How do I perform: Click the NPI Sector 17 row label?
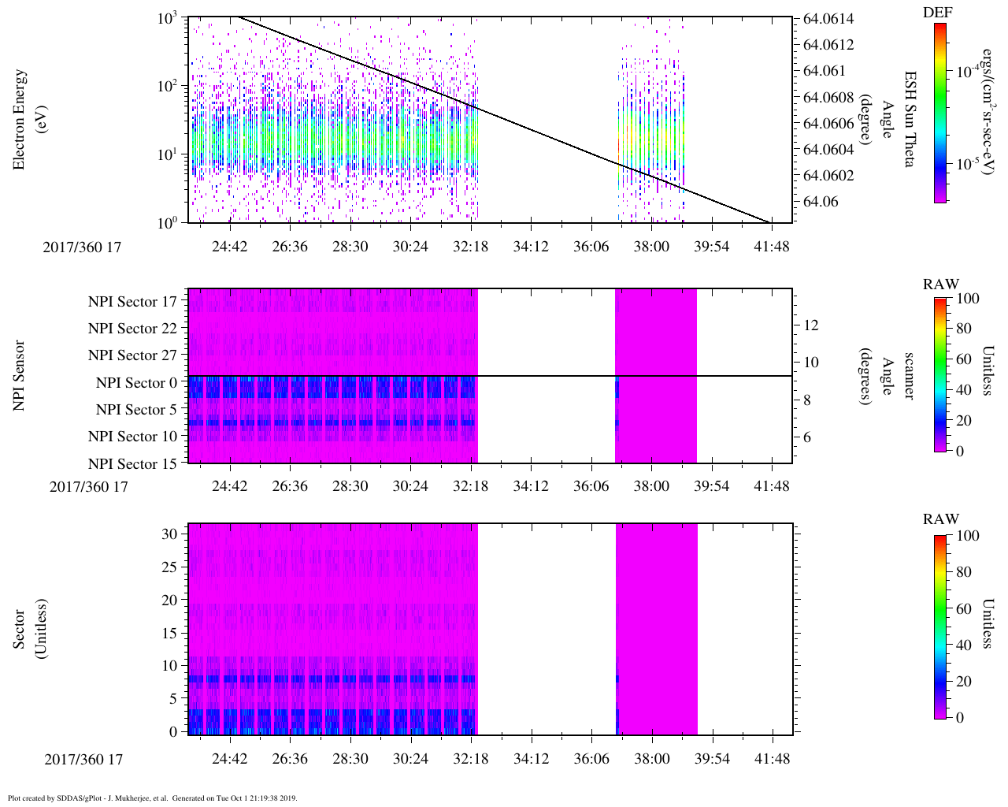pos(132,302)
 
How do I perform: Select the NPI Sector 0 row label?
pos(136,383)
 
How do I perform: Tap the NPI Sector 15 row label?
pos(132,464)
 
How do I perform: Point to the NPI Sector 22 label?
pos(132,329)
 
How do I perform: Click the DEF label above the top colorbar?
pos(937,12)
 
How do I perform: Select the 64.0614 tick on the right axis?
pos(828,19)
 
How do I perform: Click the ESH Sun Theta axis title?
pos(909,119)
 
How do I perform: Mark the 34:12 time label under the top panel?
pos(531,247)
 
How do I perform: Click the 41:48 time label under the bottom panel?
pos(772,758)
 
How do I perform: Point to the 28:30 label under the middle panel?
pos(350,485)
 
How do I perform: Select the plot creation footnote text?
pos(152,798)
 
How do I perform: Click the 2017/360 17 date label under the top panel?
pos(83,247)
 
